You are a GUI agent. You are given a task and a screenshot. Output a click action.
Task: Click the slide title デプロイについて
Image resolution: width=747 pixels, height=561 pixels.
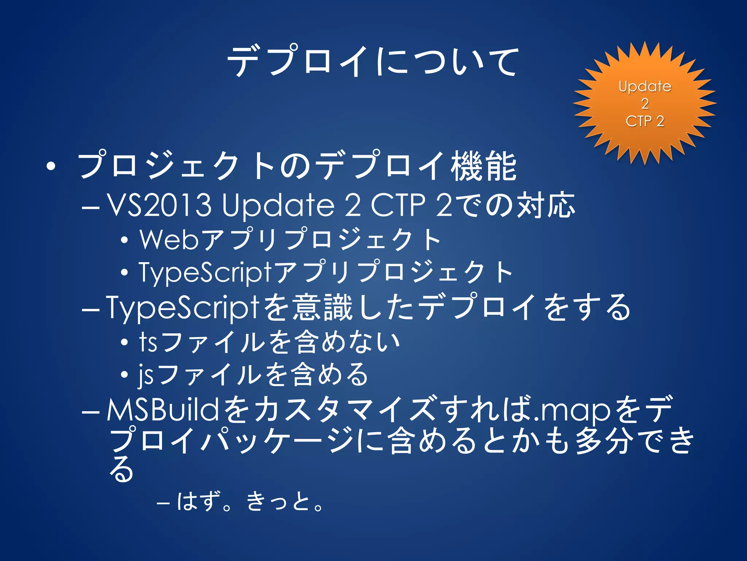coord(373,61)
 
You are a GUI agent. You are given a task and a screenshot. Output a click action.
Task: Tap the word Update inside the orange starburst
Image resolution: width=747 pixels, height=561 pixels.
coord(645,87)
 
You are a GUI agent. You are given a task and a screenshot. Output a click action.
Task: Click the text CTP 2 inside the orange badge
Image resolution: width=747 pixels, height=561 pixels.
coord(645,121)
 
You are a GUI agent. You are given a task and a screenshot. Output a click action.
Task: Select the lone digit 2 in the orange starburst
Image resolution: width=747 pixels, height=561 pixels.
coord(645,104)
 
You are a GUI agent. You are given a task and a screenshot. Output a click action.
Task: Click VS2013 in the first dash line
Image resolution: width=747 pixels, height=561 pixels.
coord(159,205)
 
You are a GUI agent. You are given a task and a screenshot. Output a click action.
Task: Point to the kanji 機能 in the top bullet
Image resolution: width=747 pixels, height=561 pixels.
coord(484,166)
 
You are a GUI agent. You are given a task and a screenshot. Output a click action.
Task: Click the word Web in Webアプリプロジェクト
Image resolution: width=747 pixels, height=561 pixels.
coord(169,240)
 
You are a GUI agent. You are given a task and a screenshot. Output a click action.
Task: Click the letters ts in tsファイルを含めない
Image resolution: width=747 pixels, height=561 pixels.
coord(148,342)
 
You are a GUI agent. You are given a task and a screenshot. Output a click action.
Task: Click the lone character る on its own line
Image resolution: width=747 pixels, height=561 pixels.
coord(121,469)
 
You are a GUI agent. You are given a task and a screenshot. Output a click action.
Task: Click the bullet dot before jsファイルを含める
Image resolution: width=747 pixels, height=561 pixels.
coord(124,375)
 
